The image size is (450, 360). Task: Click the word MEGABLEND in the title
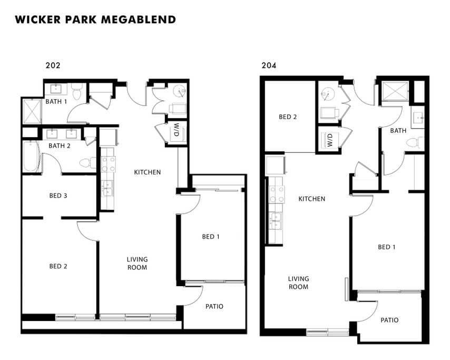(x=139, y=20)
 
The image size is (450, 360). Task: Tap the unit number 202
(x=53, y=65)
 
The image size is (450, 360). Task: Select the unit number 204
(x=269, y=66)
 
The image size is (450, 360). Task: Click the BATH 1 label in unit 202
(x=56, y=101)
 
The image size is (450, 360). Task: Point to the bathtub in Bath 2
(x=31, y=156)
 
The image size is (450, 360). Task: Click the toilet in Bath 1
(x=77, y=91)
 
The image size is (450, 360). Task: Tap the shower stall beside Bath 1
(x=32, y=111)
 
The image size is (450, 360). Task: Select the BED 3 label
(x=58, y=196)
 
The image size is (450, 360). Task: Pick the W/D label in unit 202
(x=177, y=130)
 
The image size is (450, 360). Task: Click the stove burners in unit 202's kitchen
(x=109, y=164)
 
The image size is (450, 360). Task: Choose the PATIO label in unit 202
(x=214, y=306)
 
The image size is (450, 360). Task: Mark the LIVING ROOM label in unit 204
(x=298, y=283)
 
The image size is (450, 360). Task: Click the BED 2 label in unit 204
(x=288, y=117)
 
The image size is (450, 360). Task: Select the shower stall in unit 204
(x=395, y=91)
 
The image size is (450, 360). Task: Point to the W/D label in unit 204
(x=330, y=140)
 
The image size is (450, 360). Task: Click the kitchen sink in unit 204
(x=275, y=221)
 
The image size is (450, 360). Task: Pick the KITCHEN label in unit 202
(x=147, y=172)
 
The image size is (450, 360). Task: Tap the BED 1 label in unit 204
(x=386, y=247)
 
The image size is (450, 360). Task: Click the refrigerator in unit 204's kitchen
(x=276, y=166)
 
